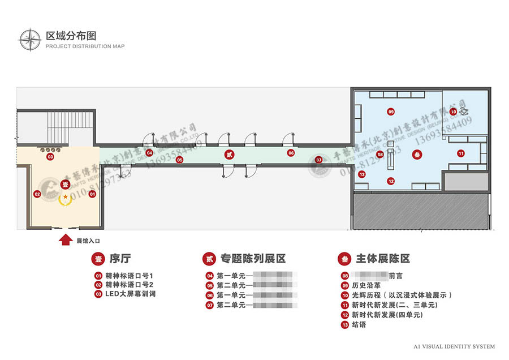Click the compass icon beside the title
[30, 39]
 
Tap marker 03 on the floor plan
[50, 157]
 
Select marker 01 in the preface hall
[93, 194]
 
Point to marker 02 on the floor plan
[37, 194]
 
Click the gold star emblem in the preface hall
[66, 196]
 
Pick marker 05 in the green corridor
[179, 160]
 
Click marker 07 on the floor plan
[319, 160]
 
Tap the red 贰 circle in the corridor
[229, 153]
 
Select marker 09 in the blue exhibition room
[391, 112]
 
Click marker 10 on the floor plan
[453, 112]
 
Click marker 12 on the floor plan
[391, 181]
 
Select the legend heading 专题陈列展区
[253, 259]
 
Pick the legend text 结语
[359, 324]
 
